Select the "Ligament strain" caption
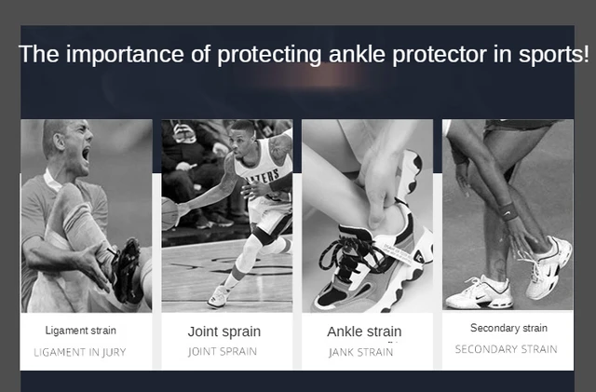pyautogui.click(x=81, y=331)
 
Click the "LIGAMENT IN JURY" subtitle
pyautogui.click(x=80, y=353)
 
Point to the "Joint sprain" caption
pyautogui.click(x=224, y=331)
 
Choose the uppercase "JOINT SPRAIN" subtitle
pyautogui.click(x=223, y=351)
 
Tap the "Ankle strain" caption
pyautogui.click(x=364, y=331)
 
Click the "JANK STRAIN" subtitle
pyautogui.click(x=361, y=353)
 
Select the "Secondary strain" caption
pyautogui.click(x=508, y=328)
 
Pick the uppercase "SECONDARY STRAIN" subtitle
pyautogui.click(x=507, y=349)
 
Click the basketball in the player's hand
pyautogui.click(x=169, y=213)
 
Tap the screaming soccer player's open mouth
pyautogui.click(x=86, y=154)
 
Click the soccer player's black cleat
pyautogui.click(x=127, y=271)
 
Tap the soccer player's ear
pyautogui.click(x=59, y=142)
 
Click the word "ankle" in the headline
pyautogui.click(x=357, y=54)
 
